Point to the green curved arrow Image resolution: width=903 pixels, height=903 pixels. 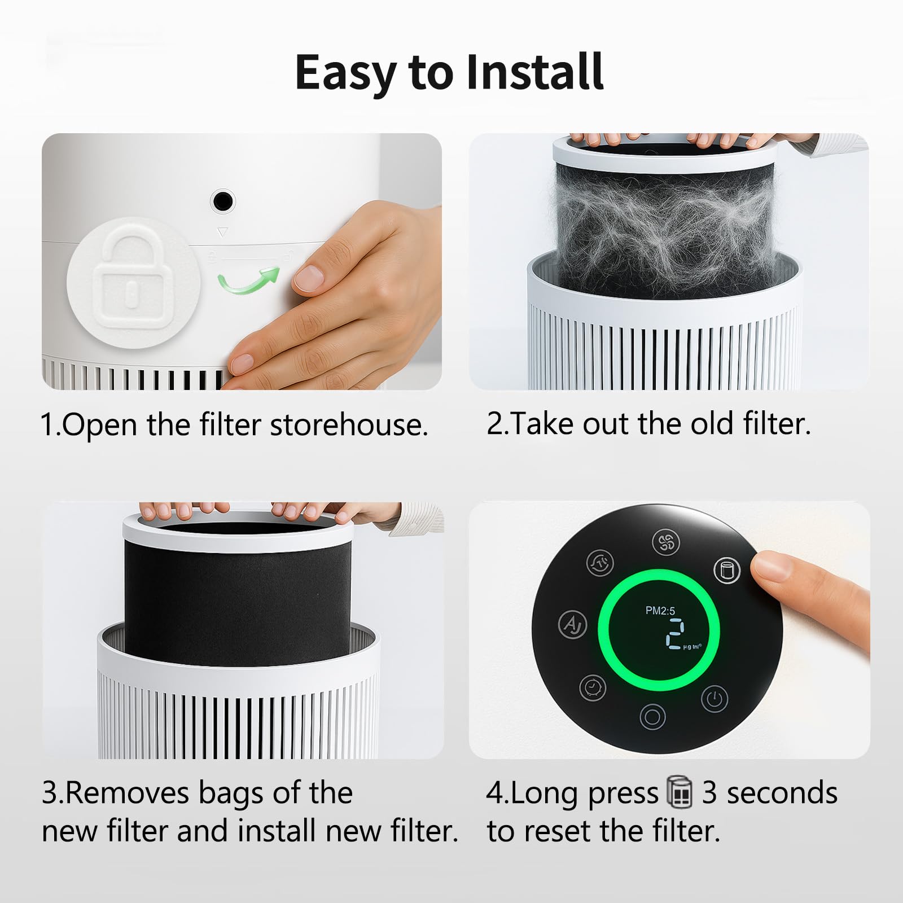pos(248,280)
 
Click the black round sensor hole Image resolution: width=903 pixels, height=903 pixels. pos(222,200)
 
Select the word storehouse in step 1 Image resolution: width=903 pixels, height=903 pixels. pos(349,424)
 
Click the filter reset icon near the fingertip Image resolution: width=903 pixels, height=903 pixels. pos(727,571)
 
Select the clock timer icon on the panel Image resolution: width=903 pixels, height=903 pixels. pos(593,687)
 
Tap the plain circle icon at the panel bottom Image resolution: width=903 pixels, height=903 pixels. pos(652,717)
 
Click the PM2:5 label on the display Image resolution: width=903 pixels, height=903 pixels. pos(660,611)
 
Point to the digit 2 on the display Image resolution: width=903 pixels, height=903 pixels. pos(675,634)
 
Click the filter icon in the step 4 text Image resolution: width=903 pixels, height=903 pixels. pos(680,792)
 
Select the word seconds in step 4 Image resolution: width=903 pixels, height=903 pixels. pos(782,793)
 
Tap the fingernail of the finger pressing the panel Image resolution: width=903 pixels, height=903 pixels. pos(771,566)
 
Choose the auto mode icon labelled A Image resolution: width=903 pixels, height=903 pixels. pos(572,625)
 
